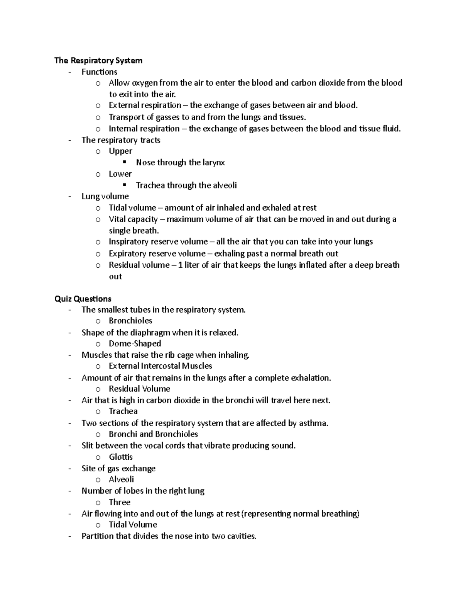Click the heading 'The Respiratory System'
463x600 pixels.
[98, 60]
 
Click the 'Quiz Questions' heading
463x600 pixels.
[83, 299]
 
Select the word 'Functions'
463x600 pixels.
[99, 72]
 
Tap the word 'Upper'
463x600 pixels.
[120, 151]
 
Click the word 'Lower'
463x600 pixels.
[120, 174]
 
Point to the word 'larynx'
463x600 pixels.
[213, 163]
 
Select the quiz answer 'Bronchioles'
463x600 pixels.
[130, 321]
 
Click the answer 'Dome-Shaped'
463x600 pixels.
[135, 343]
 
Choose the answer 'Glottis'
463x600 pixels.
[120, 457]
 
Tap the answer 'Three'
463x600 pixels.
[120, 502]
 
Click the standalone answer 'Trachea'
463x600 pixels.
[123, 411]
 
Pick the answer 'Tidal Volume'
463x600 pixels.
[133, 525]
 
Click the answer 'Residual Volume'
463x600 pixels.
[139, 389]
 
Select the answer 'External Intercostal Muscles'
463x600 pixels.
[160, 366]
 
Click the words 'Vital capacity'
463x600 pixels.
[133, 219]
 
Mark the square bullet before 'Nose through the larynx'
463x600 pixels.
[125, 162]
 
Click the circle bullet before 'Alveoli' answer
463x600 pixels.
[98, 480]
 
